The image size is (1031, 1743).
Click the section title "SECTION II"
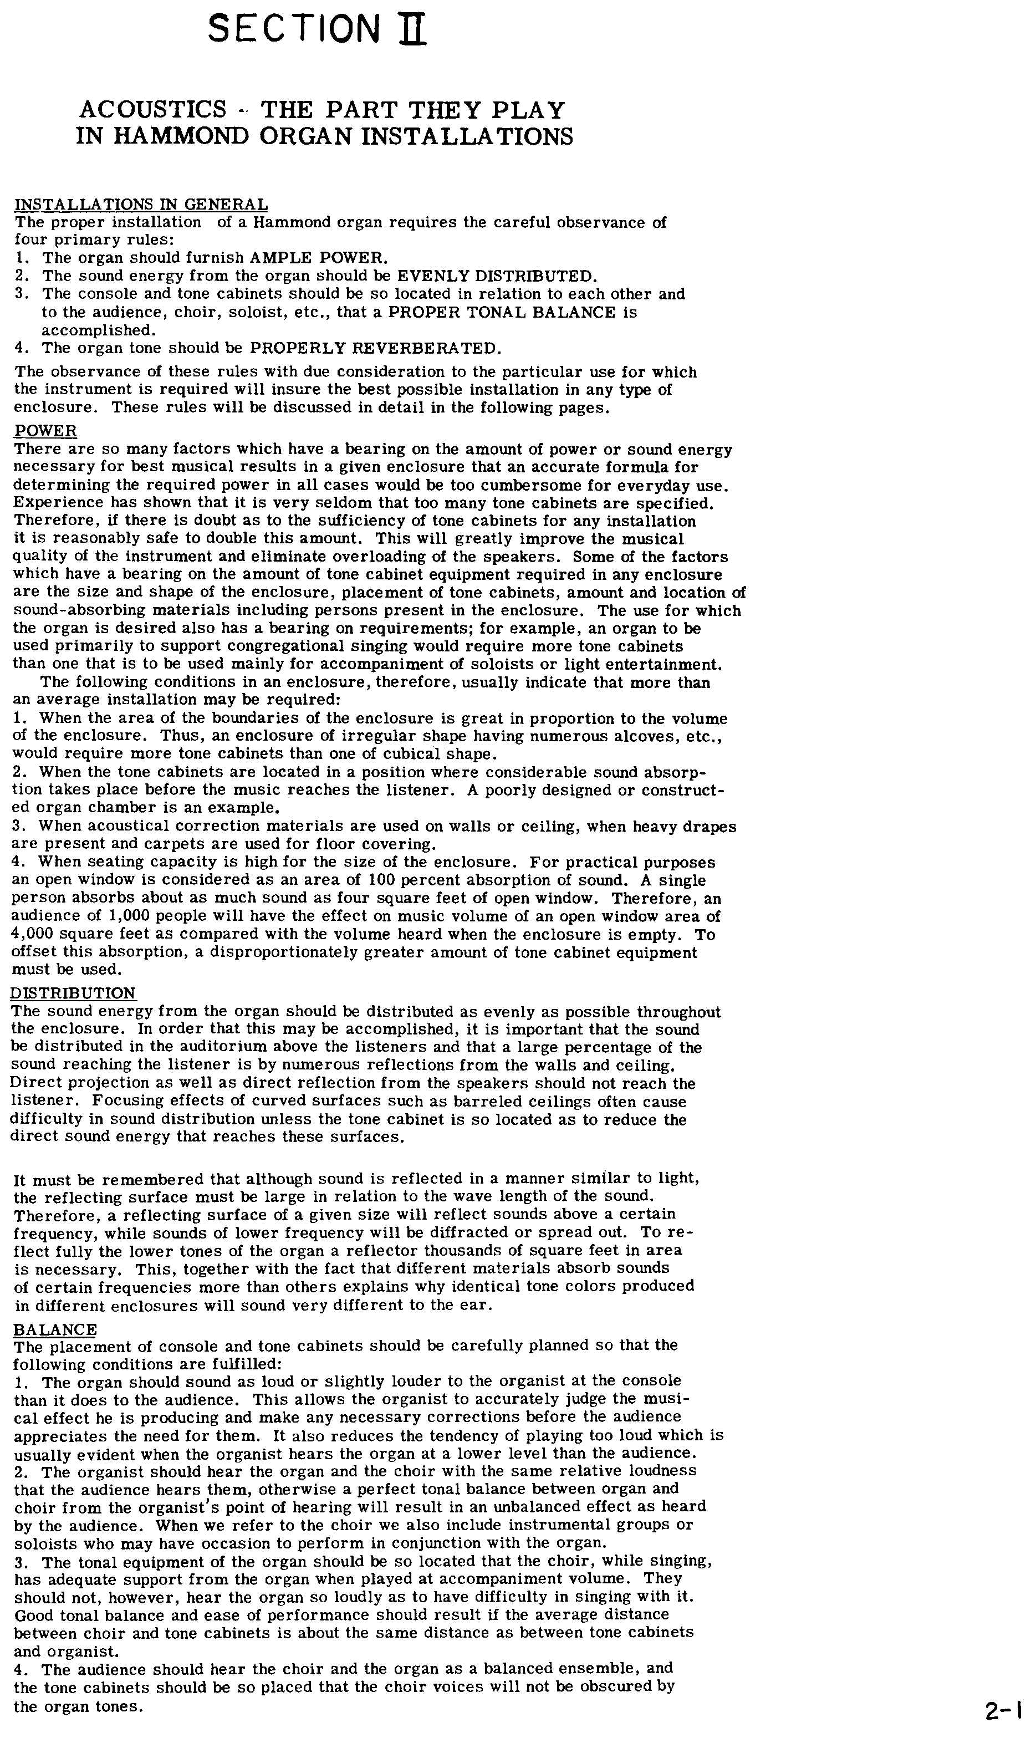coord(317,30)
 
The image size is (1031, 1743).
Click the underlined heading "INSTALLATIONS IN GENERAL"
coord(141,204)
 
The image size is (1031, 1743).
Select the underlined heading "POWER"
coord(46,431)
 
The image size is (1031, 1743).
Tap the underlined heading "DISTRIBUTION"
coord(73,993)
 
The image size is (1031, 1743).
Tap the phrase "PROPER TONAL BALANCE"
coord(501,313)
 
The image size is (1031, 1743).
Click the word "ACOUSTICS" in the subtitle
coord(153,110)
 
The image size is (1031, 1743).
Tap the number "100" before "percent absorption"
coord(381,880)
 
